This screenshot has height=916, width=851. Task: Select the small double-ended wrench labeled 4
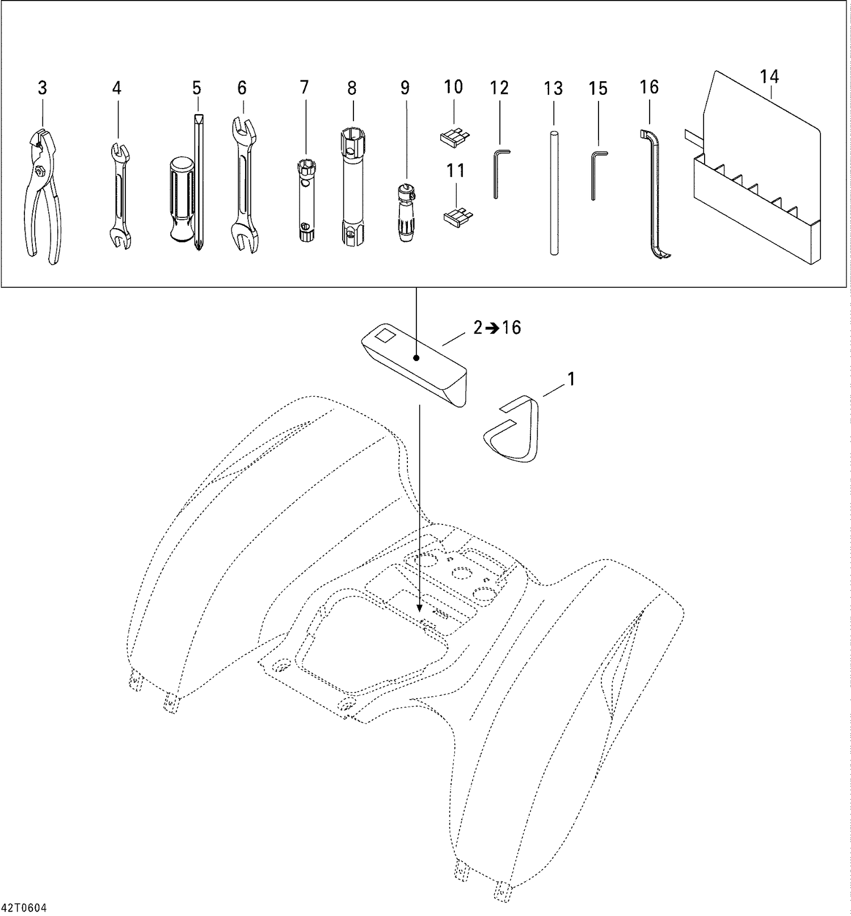tap(119, 196)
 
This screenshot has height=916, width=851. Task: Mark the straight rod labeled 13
tap(554, 193)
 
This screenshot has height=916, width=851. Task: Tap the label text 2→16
tap(497, 328)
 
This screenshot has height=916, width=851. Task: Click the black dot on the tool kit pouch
tap(416, 358)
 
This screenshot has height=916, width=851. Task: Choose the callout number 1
tap(571, 379)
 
